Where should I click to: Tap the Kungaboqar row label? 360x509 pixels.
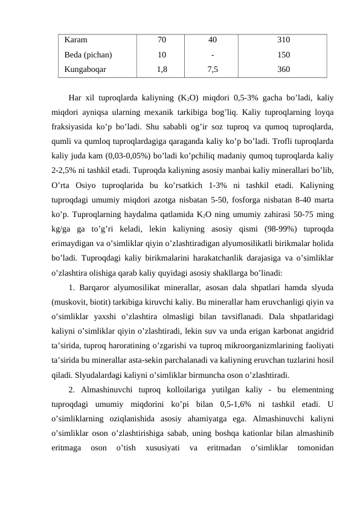coord(85,69)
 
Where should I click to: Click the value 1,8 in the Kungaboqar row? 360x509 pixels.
coord(162,69)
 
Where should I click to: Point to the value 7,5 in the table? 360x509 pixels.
coord(213,69)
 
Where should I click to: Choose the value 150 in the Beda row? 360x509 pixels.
coord(283,55)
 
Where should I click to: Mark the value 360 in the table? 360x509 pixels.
coord(283,69)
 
